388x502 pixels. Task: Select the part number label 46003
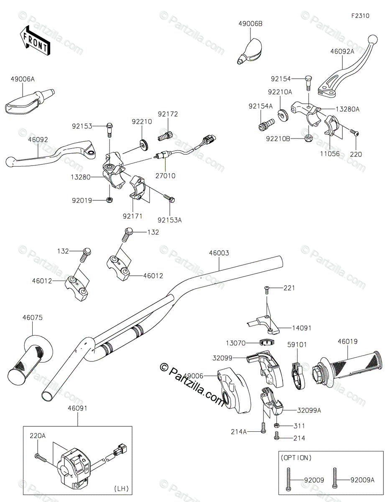click(x=219, y=253)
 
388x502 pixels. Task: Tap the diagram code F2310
click(x=360, y=16)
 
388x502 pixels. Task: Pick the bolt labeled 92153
click(x=110, y=130)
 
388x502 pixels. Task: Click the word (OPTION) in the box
click(x=296, y=458)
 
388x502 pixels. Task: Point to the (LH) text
click(x=121, y=489)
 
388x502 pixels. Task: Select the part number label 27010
click(x=165, y=176)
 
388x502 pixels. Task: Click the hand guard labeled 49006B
click(x=250, y=51)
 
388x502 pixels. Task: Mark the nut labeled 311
click(x=277, y=425)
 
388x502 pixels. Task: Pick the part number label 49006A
click(x=23, y=79)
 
